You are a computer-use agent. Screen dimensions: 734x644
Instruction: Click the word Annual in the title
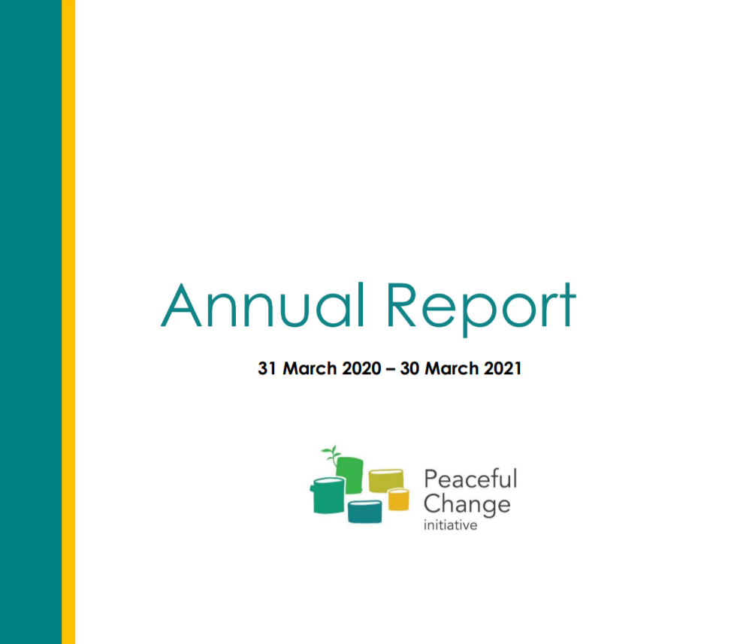pyautogui.click(x=263, y=305)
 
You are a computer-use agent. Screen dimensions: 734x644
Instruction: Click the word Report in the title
pyautogui.click(x=481, y=308)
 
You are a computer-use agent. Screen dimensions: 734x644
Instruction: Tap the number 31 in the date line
pyautogui.click(x=267, y=369)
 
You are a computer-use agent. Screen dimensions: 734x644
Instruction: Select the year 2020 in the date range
pyautogui.click(x=362, y=369)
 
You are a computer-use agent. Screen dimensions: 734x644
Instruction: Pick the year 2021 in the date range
pyautogui.click(x=503, y=369)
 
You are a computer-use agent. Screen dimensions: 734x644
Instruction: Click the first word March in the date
pyautogui.click(x=310, y=369)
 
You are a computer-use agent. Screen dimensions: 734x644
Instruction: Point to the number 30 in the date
pyautogui.click(x=409, y=369)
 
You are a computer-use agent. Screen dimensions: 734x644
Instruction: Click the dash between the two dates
pyautogui.click(x=391, y=370)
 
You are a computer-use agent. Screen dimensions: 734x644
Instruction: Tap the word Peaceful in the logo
pyautogui.click(x=470, y=479)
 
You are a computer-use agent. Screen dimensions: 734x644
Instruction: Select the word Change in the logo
pyautogui.click(x=467, y=504)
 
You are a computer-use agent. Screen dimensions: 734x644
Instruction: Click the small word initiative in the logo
pyautogui.click(x=450, y=525)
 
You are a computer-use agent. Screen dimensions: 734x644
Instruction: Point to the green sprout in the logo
pyautogui.click(x=331, y=455)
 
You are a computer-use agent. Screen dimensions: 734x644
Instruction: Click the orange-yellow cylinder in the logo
pyautogui.click(x=398, y=499)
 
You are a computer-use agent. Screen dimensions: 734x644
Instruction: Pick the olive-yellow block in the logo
pyautogui.click(x=386, y=480)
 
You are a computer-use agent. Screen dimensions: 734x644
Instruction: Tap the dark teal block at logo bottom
pyautogui.click(x=364, y=512)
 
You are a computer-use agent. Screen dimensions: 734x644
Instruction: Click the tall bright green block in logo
pyautogui.click(x=349, y=475)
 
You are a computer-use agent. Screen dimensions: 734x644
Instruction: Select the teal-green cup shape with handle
pyautogui.click(x=328, y=495)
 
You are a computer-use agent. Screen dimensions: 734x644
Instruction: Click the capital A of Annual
pyautogui.click(x=181, y=305)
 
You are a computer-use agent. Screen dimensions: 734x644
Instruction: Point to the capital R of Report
pyautogui.click(x=401, y=305)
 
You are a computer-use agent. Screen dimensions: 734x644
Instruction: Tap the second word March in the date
pyautogui.click(x=452, y=369)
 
